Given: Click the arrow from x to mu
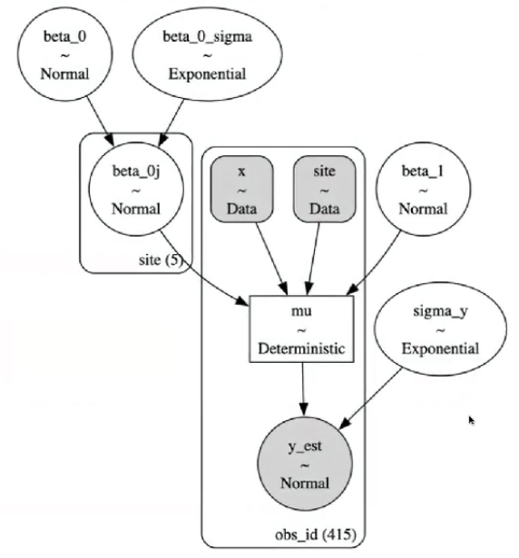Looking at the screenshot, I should (x=271, y=259).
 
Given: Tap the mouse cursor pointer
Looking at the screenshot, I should (x=472, y=421).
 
